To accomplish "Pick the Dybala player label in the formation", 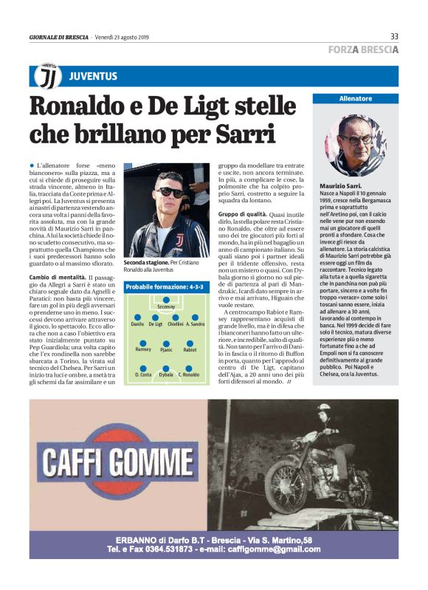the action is point(166,375).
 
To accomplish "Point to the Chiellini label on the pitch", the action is point(176,323).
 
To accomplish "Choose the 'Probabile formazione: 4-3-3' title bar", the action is point(167,287).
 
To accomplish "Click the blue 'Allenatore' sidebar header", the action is point(356,99).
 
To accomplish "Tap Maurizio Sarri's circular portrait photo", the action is point(356,144).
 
